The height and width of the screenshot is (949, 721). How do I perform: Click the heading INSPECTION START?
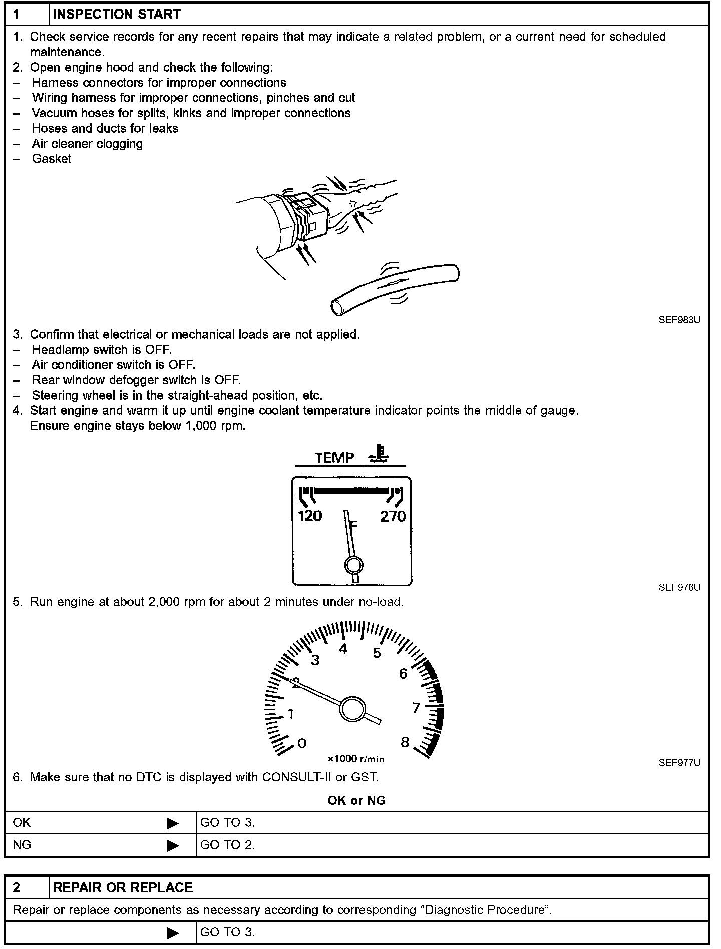point(117,14)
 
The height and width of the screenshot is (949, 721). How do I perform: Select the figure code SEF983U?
point(679,320)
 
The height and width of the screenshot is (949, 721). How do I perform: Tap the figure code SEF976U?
point(679,587)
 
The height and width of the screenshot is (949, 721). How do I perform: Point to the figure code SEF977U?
point(679,763)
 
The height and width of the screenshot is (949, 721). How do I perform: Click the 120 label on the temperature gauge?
point(310,516)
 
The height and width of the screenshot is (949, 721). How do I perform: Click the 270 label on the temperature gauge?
point(393,516)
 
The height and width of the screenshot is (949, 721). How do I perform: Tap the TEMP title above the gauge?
point(334,458)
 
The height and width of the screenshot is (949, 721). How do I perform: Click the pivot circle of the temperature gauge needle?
point(353,565)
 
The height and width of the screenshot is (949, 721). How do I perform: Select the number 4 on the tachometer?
point(343,649)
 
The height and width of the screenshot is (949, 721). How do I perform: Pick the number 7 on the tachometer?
point(416,708)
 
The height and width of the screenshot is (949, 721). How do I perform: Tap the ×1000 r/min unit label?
point(356,759)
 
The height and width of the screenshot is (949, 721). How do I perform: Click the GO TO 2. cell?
point(228,845)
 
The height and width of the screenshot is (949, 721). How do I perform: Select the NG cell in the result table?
point(22,845)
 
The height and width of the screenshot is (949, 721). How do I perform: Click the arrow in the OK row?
point(172,823)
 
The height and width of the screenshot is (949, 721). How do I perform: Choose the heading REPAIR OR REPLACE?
point(123,887)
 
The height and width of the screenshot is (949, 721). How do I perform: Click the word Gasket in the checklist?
point(52,159)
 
